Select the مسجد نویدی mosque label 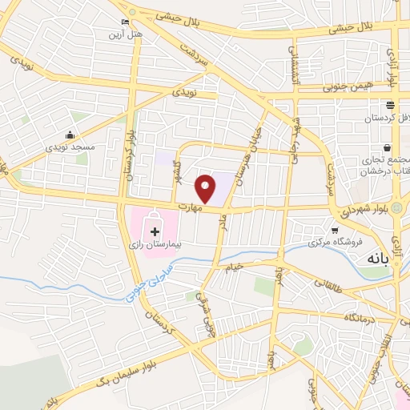[x=72, y=147]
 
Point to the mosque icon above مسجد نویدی [x=71, y=135]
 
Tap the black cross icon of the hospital [x=155, y=231]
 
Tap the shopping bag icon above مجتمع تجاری [x=388, y=147]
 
